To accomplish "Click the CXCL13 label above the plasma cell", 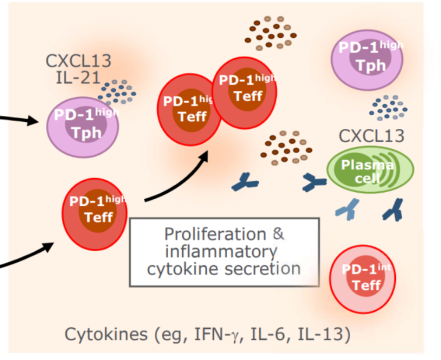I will coord(371,136).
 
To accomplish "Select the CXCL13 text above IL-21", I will coord(78,61).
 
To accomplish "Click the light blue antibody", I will coord(347,208).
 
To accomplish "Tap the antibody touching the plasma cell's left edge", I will coord(313,183).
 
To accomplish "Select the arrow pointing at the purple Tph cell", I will coord(20,119).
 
